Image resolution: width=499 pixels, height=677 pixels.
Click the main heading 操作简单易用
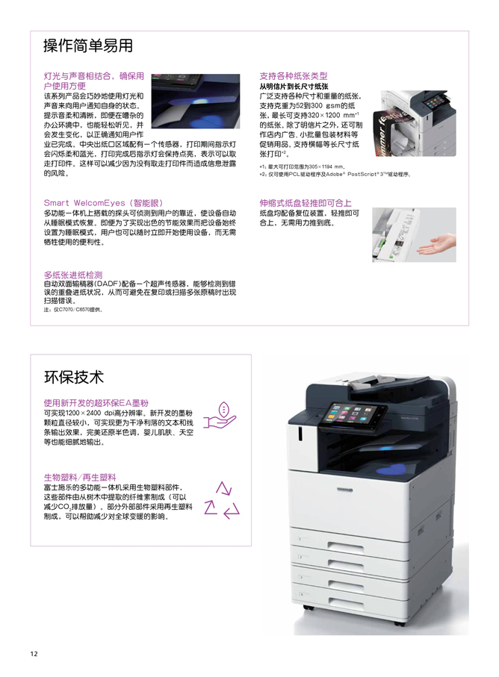coord(88,46)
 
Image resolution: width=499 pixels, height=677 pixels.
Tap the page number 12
coord(34,654)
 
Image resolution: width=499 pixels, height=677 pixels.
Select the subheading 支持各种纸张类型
coord(293,76)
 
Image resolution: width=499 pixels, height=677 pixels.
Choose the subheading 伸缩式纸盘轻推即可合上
coord(305,203)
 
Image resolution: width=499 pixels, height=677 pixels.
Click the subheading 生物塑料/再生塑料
coord(79,477)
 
